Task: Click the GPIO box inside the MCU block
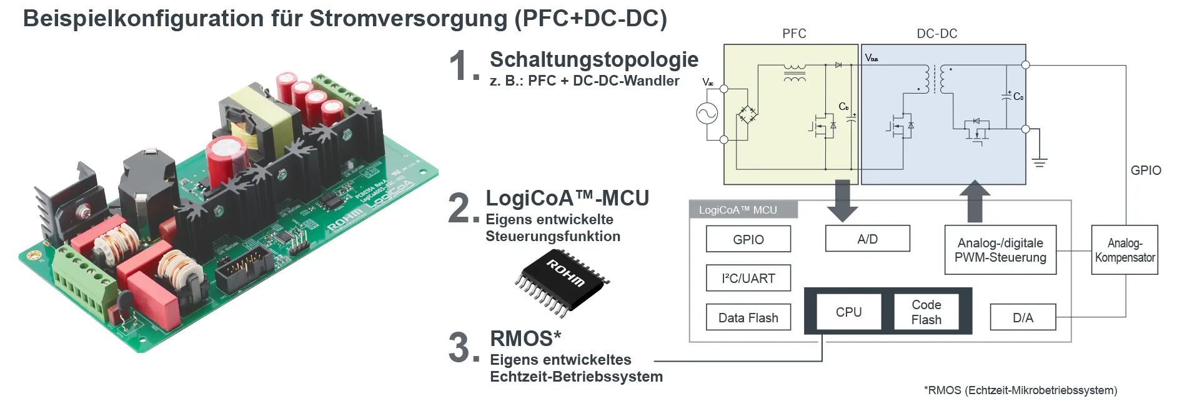748,239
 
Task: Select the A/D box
867,239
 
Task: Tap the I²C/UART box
748,278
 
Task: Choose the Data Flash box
748,317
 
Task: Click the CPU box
848,312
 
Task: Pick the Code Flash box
926,312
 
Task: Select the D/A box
1023,317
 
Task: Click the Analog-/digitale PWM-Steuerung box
1000,250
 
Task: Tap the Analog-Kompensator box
1125,250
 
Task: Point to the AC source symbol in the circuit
707,114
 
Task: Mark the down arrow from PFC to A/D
842,200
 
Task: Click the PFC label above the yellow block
794,34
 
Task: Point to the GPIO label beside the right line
1146,171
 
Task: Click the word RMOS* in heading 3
525,339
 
